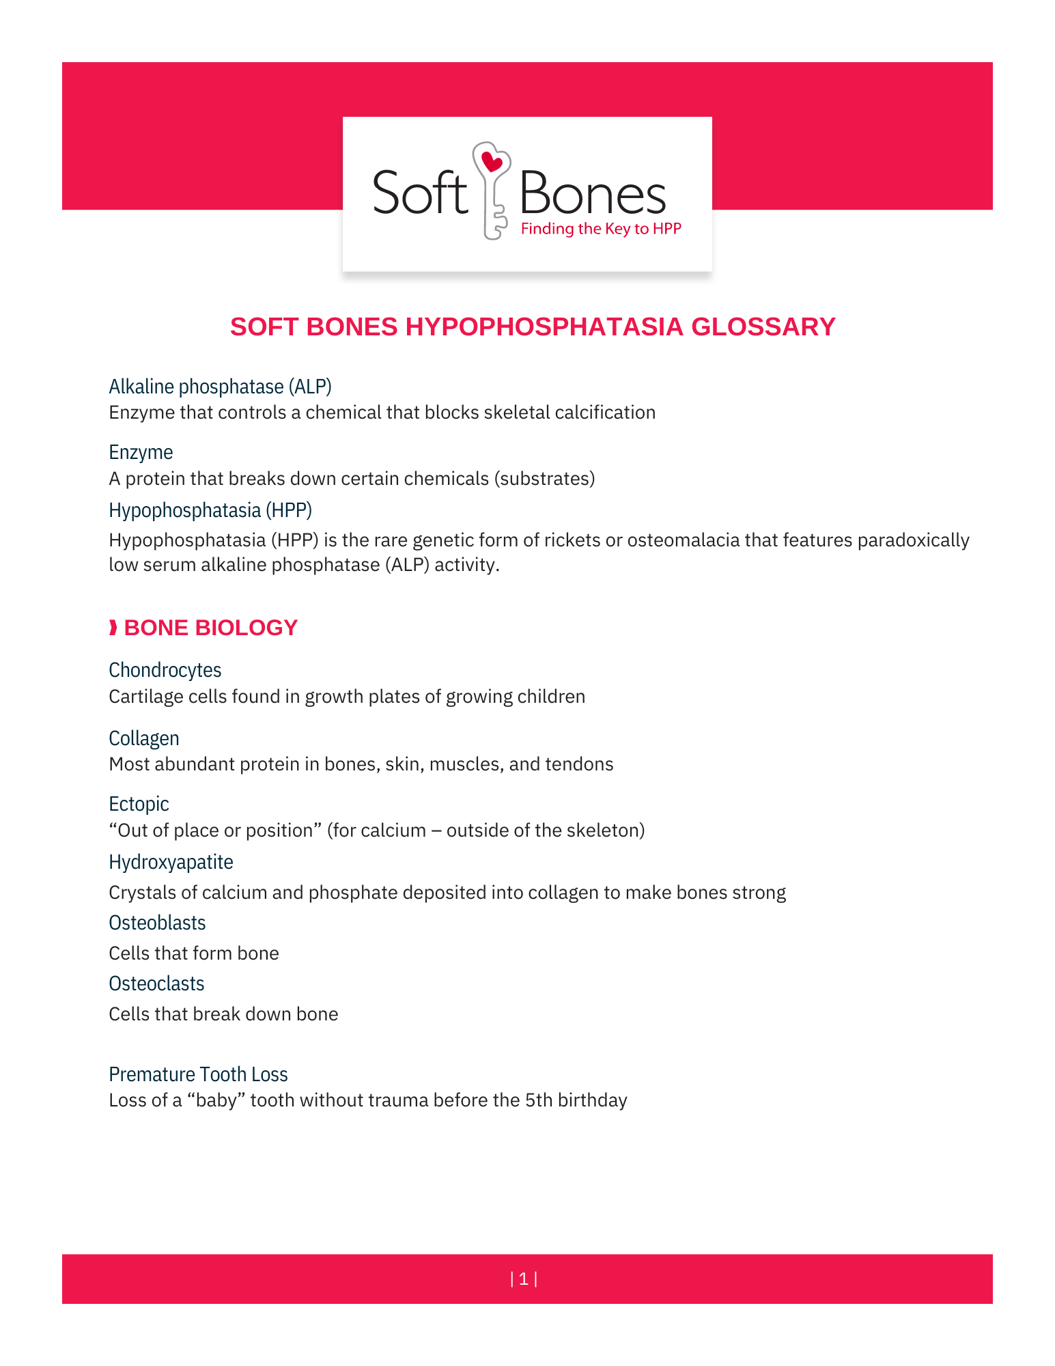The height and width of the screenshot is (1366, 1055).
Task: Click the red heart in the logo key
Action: tap(492, 163)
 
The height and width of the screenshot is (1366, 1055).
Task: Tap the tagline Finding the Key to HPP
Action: tap(601, 229)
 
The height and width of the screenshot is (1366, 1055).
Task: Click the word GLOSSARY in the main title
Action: tap(763, 327)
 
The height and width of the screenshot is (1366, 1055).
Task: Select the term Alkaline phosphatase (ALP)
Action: tap(220, 387)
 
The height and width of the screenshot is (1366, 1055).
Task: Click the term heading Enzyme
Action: tap(141, 452)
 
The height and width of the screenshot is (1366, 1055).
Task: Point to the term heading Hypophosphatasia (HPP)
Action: tap(210, 510)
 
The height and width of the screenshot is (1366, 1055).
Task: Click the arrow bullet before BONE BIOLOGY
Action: tap(113, 628)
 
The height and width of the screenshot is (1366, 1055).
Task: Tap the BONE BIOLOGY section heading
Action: tap(210, 628)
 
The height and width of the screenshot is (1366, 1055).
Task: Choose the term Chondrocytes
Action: tap(165, 670)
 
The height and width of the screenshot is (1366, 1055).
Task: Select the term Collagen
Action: tap(144, 738)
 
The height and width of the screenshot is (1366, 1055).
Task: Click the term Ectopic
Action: tap(139, 804)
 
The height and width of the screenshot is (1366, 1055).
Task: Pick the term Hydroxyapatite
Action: tap(171, 862)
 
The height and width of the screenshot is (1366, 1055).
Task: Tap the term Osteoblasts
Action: tap(157, 923)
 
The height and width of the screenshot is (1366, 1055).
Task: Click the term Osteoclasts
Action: tap(156, 984)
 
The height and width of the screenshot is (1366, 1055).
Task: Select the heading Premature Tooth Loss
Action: tap(198, 1074)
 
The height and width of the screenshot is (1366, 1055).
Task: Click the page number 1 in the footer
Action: tap(524, 1279)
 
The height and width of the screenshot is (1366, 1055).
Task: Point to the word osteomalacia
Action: tap(683, 540)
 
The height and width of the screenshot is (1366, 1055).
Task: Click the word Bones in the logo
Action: tap(592, 194)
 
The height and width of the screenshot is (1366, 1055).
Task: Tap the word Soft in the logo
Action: tap(420, 193)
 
